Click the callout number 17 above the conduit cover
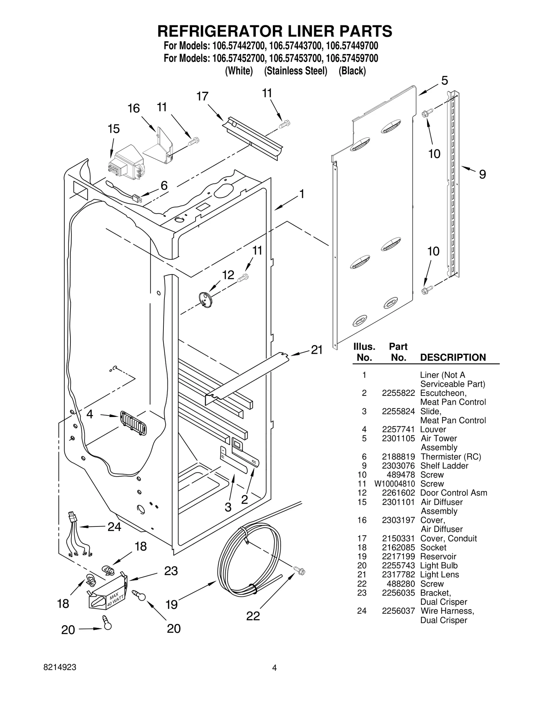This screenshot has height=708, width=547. pos(202,96)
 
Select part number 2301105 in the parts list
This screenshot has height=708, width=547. pos(398,438)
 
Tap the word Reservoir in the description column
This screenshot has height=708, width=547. pos(438,556)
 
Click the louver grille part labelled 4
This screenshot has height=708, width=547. pos(133,424)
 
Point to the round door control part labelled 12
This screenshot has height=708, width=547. pos(205,300)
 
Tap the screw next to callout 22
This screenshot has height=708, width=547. pos(299,570)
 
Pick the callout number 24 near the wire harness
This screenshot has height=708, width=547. pos(114,527)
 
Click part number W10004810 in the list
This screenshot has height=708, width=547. pos(394,484)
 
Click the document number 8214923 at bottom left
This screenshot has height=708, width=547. pos(60,677)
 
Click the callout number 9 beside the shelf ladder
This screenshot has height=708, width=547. pos(482,174)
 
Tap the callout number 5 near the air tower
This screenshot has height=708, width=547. pos(444,81)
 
